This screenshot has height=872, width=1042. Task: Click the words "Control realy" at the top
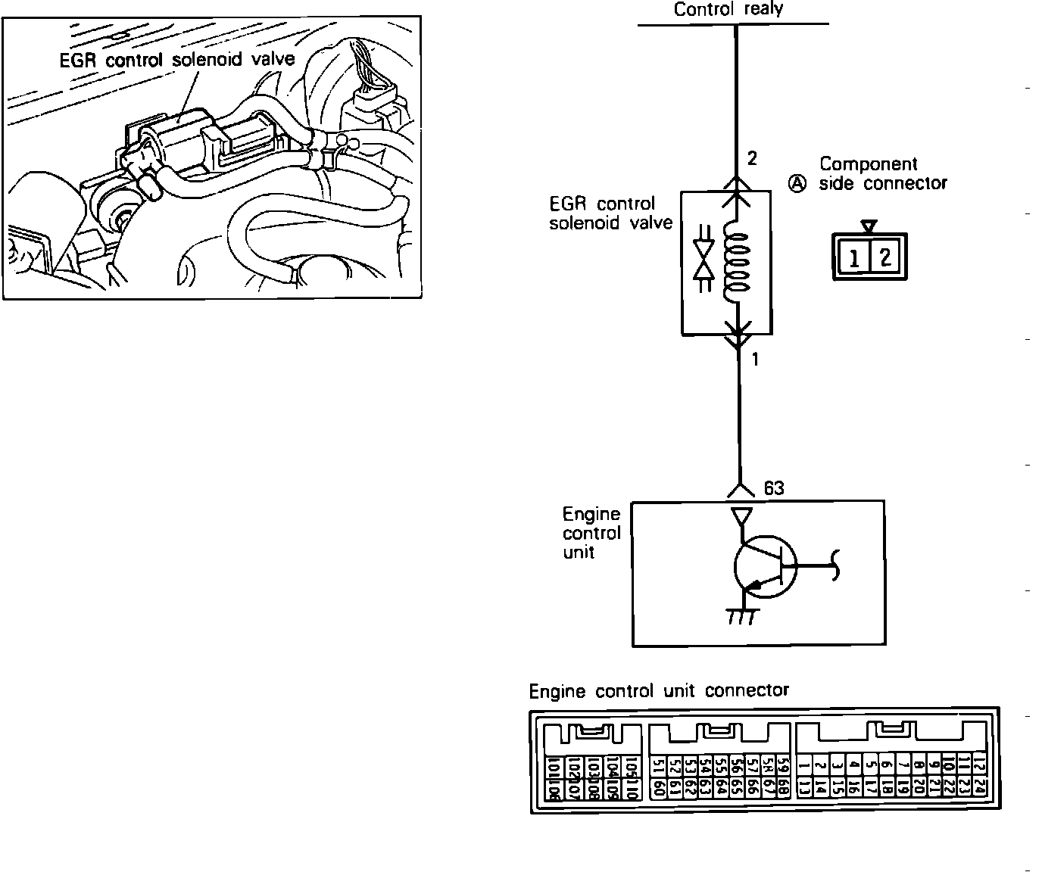click(x=728, y=9)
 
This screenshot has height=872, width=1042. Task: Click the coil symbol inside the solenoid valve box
click(x=737, y=265)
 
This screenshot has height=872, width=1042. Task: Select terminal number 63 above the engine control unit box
click(x=773, y=489)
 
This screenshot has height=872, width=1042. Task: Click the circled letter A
click(x=797, y=183)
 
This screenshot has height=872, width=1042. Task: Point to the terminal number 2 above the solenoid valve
click(x=751, y=159)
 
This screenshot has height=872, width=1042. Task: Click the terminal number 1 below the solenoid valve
click(x=754, y=360)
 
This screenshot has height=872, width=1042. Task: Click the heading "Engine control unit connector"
click(x=659, y=691)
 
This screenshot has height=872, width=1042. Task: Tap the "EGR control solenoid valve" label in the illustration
click(x=177, y=60)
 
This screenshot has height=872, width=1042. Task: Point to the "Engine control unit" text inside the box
click(x=591, y=533)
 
